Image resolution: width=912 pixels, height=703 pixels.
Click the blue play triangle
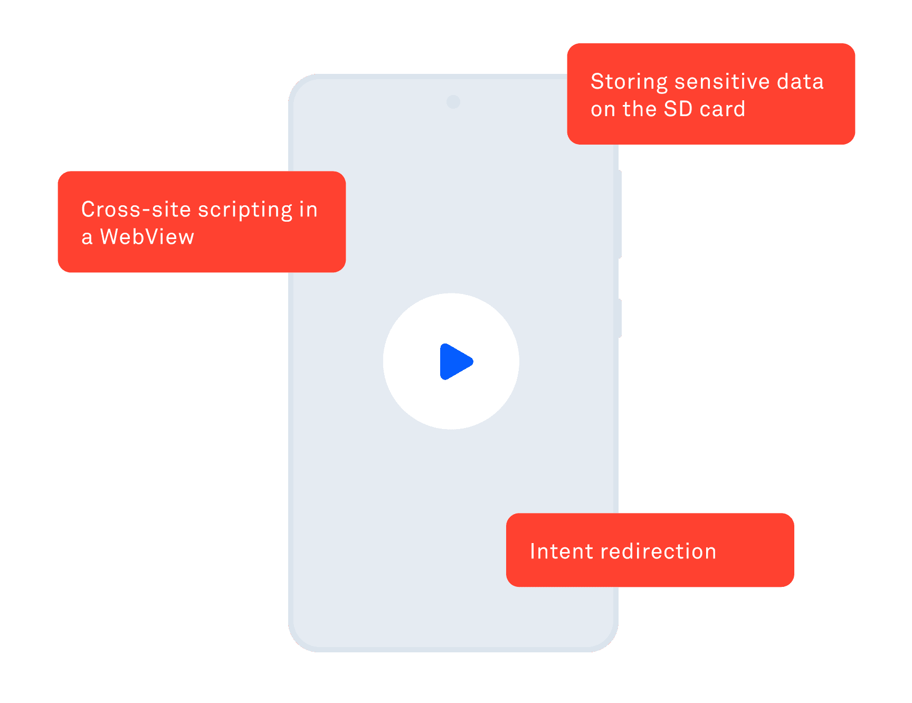coord(455,362)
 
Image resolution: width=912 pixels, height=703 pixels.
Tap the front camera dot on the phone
coord(453,102)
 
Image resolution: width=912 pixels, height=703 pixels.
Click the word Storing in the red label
coord(629,82)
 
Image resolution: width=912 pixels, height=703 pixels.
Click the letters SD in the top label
coord(678,109)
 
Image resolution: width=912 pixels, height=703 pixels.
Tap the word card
coord(723,109)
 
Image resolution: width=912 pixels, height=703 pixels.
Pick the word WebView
coord(147,237)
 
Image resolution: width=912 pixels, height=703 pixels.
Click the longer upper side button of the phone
coord(620,214)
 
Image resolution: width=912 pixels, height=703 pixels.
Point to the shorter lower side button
coord(620,318)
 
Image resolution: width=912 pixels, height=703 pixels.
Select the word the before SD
coord(639,109)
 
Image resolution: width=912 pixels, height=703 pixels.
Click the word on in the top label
coord(603,110)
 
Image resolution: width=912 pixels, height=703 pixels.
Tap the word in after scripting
coord(308,210)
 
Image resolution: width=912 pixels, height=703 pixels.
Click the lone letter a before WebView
coord(87,238)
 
